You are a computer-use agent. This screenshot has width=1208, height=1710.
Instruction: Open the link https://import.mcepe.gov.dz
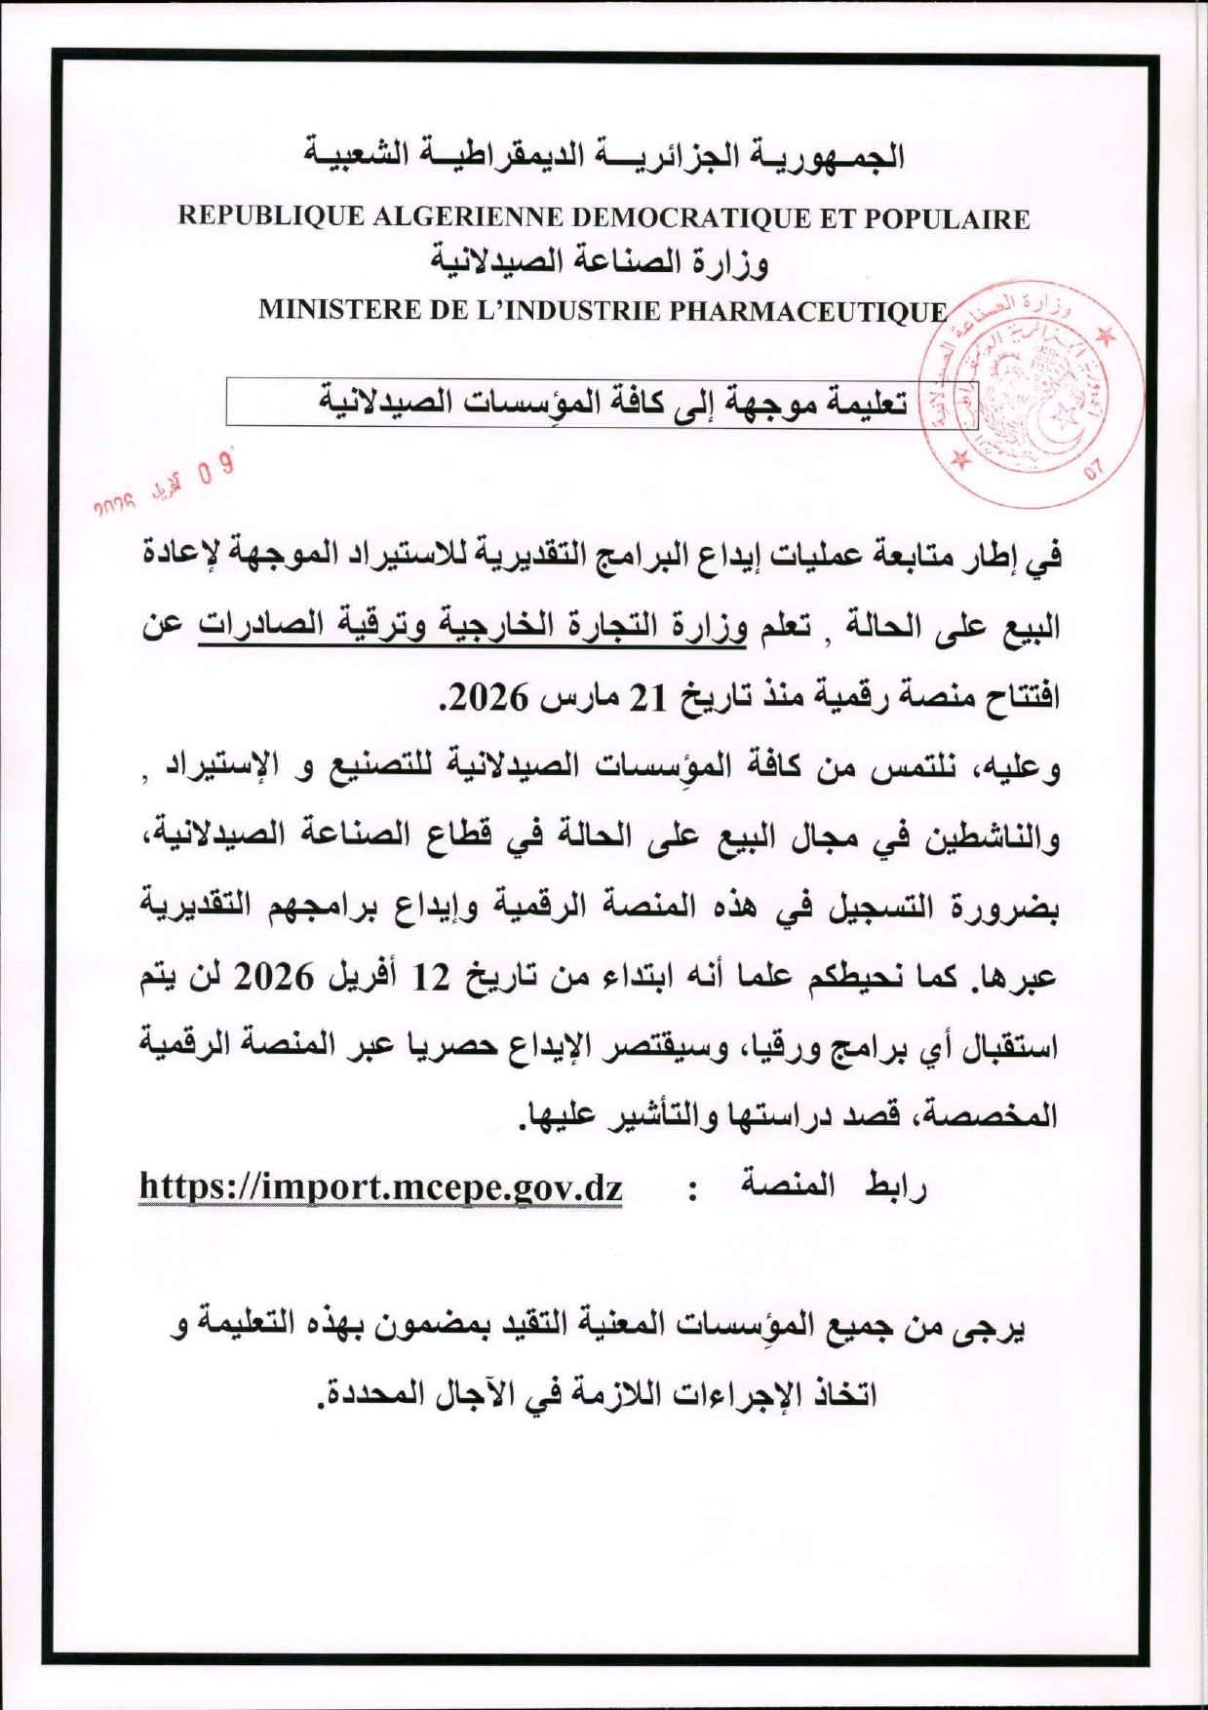(381, 1187)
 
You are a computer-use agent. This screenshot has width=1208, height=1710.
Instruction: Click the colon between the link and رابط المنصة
(692, 1189)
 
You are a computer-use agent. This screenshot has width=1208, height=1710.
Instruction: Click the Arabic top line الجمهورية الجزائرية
(604, 156)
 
